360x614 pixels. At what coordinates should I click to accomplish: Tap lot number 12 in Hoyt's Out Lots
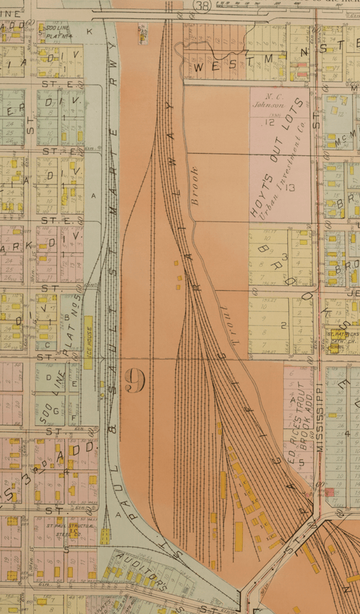269,121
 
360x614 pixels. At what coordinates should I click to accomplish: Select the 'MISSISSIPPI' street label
319,416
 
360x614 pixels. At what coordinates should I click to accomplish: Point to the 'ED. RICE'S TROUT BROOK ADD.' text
300,423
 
